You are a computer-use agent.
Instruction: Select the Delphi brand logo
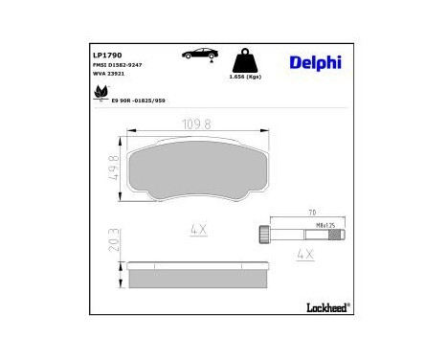point(314,62)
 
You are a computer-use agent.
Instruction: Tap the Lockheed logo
point(326,308)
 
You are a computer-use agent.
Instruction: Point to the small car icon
point(198,54)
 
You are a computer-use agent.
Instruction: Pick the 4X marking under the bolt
point(305,255)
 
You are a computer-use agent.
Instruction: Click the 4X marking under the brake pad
point(198,230)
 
